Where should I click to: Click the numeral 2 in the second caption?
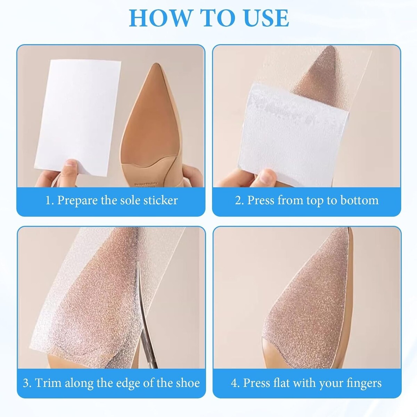238,201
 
